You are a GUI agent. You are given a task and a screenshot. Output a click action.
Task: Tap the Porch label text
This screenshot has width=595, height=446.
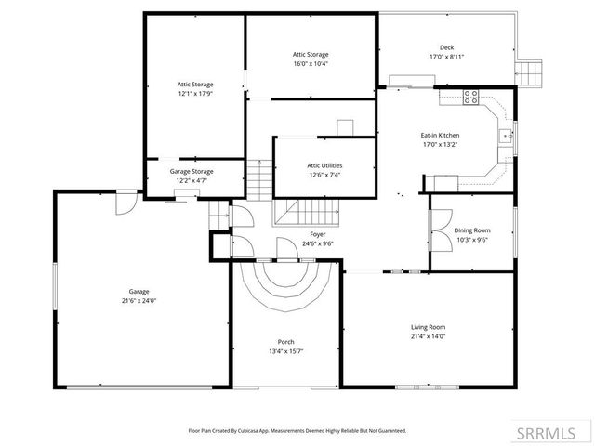(x=286, y=342)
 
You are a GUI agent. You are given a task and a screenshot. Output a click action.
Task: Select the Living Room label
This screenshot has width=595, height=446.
(x=429, y=327)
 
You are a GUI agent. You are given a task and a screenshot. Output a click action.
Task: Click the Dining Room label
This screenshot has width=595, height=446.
(x=471, y=230)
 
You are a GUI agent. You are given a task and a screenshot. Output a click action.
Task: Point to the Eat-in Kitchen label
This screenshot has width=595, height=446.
(x=440, y=136)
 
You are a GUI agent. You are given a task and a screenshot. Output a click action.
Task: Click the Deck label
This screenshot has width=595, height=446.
(x=446, y=47)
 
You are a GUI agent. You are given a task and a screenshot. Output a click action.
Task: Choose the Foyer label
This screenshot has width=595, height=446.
(x=291, y=235)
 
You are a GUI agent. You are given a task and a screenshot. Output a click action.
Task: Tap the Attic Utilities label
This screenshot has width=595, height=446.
(x=324, y=165)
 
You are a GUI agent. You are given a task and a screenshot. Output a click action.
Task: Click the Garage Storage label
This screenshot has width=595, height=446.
(x=192, y=171)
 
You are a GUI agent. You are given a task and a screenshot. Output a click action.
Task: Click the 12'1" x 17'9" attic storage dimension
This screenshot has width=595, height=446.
(x=195, y=93)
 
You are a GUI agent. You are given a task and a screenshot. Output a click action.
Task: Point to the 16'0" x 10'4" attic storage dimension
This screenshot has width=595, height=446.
(x=311, y=63)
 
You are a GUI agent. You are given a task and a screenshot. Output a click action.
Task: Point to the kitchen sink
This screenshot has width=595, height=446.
(x=507, y=136)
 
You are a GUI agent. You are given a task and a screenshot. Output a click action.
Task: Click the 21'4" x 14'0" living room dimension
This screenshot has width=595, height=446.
(x=429, y=336)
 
